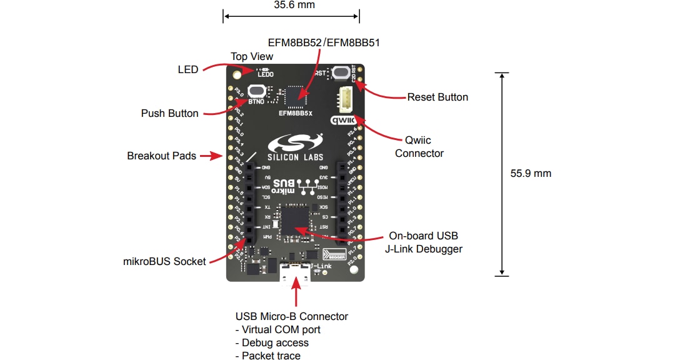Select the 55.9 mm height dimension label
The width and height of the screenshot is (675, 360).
[x=531, y=173]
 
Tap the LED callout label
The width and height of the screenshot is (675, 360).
[x=187, y=69]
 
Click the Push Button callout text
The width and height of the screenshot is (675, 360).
[x=169, y=113]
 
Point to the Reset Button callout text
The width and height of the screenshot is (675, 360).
[x=437, y=97]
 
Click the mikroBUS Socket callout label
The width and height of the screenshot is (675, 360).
[x=164, y=261]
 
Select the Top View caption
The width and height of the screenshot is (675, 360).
[x=252, y=56]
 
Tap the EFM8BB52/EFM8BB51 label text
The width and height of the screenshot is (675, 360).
[x=324, y=42]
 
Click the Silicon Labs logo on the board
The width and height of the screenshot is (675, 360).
[x=296, y=147]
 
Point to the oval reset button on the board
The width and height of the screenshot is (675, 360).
[x=341, y=72]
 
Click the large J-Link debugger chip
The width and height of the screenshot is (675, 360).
[x=296, y=221]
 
